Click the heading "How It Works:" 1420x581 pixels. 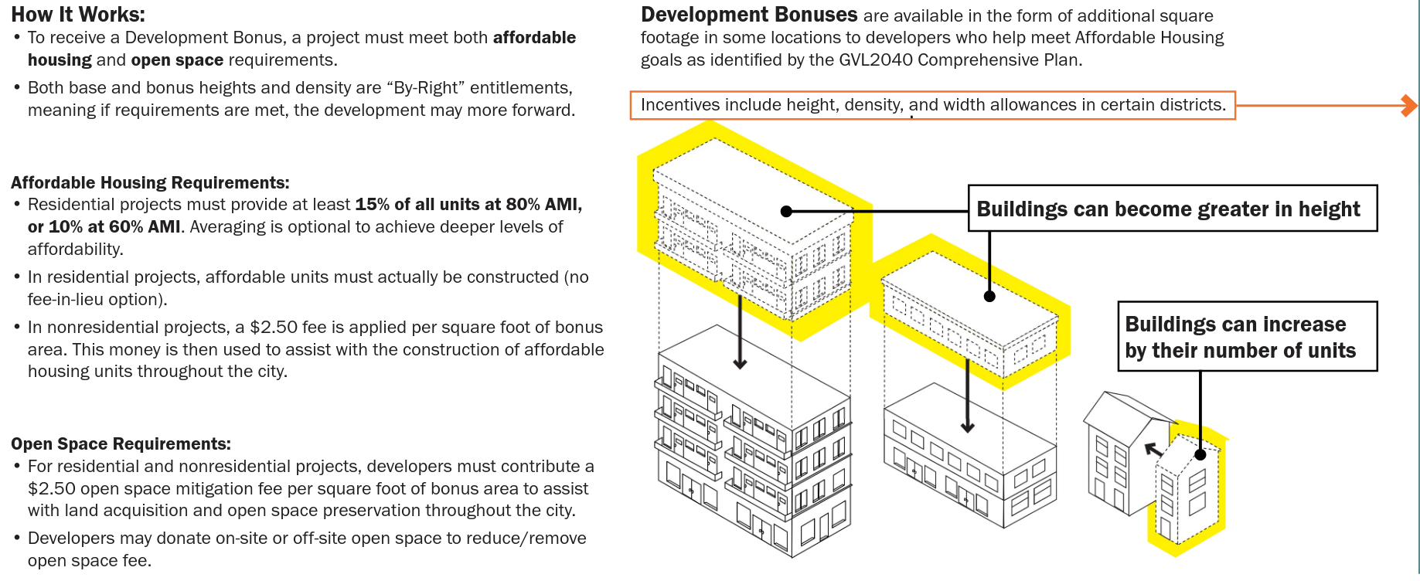pos(78,15)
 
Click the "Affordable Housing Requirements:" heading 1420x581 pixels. pos(150,183)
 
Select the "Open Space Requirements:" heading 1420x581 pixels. pos(121,444)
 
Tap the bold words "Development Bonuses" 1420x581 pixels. pos(749,15)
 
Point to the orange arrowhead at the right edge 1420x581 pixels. pos(1409,105)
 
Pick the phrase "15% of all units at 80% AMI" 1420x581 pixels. pos(467,205)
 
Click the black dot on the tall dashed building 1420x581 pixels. pos(786,211)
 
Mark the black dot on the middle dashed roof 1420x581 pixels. pos(989,296)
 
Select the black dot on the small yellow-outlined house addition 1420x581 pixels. pos(1200,454)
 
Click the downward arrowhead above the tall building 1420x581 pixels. pos(740,363)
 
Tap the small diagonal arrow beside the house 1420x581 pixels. pos(1153,449)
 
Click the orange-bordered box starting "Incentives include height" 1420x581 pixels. pos(932,105)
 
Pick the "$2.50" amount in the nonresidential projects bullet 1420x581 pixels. pos(273,328)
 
